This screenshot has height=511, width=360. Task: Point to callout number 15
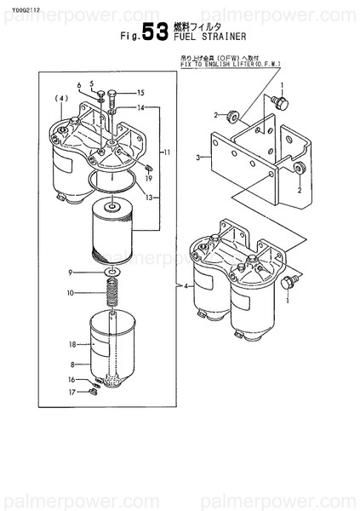[141, 92]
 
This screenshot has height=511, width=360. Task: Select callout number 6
[78, 86]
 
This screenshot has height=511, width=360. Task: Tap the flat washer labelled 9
[111, 273]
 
